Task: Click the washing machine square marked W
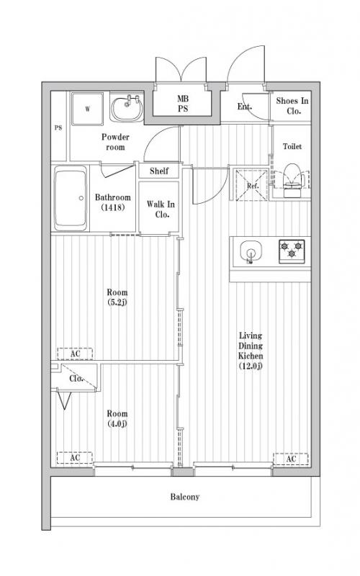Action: [x=87, y=109]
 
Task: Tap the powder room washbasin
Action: [x=127, y=108]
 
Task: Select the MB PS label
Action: [x=183, y=104]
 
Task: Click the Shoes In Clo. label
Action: [x=292, y=106]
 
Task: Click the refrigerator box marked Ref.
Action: [x=253, y=185]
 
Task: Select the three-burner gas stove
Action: [x=292, y=251]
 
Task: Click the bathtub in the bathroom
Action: [x=71, y=199]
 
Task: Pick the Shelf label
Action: [x=159, y=171]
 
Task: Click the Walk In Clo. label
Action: [x=161, y=209]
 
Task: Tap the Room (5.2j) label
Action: [x=117, y=297]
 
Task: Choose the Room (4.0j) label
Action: [x=117, y=418]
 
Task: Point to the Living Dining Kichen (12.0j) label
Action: [x=251, y=351]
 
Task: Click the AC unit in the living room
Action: [x=291, y=459]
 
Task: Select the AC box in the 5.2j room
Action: [x=75, y=354]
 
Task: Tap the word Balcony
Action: [x=185, y=497]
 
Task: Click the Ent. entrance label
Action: [x=245, y=107]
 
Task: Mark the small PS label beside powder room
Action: [x=58, y=128]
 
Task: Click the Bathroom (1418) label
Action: [x=113, y=202]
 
